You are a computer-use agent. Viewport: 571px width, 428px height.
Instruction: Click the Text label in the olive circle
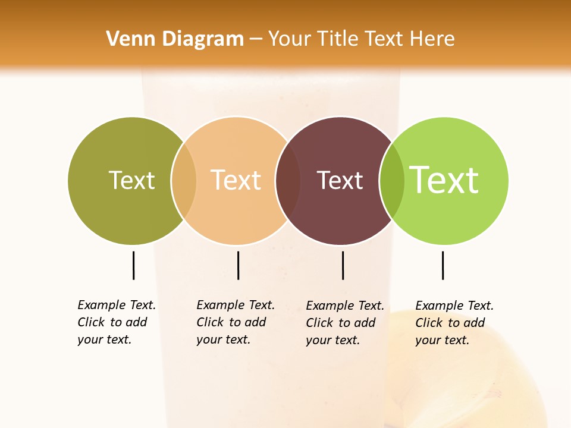tap(131, 180)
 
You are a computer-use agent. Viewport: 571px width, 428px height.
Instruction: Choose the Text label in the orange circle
tap(236, 180)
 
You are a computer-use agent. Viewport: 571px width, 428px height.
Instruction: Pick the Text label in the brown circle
tap(340, 180)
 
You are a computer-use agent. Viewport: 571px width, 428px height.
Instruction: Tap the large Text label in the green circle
tap(444, 180)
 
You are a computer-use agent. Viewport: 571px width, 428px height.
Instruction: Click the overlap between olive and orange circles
tap(184, 180)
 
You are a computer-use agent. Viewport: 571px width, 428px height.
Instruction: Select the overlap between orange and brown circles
tap(288, 180)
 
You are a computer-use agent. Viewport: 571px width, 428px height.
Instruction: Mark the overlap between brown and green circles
tap(392, 180)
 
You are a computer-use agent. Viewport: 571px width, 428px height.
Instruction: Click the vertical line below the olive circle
tap(133, 265)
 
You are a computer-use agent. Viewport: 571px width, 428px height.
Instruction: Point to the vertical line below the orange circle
tap(238, 265)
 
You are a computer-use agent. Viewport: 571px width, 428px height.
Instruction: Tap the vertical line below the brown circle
tap(343, 265)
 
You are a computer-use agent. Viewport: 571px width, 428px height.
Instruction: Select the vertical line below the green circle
tap(443, 265)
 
